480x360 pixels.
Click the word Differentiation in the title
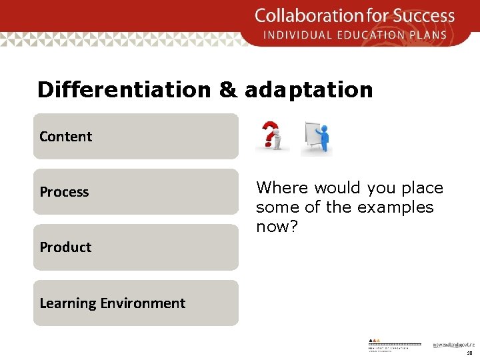[x=123, y=90]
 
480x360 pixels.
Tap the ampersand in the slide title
[x=227, y=90]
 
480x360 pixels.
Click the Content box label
[x=65, y=137]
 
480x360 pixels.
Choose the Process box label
[x=64, y=192]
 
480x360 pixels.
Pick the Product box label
[x=65, y=247]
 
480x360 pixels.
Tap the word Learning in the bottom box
[x=68, y=303]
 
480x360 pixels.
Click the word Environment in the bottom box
[x=143, y=303]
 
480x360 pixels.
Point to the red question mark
[x=268, y=133]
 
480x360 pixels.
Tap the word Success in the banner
[x=425, y=15]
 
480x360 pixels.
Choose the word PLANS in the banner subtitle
[x=431, y=35]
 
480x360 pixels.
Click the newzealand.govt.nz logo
[x=451, y=345]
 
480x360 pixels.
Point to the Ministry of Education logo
[x=394, y=343]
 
